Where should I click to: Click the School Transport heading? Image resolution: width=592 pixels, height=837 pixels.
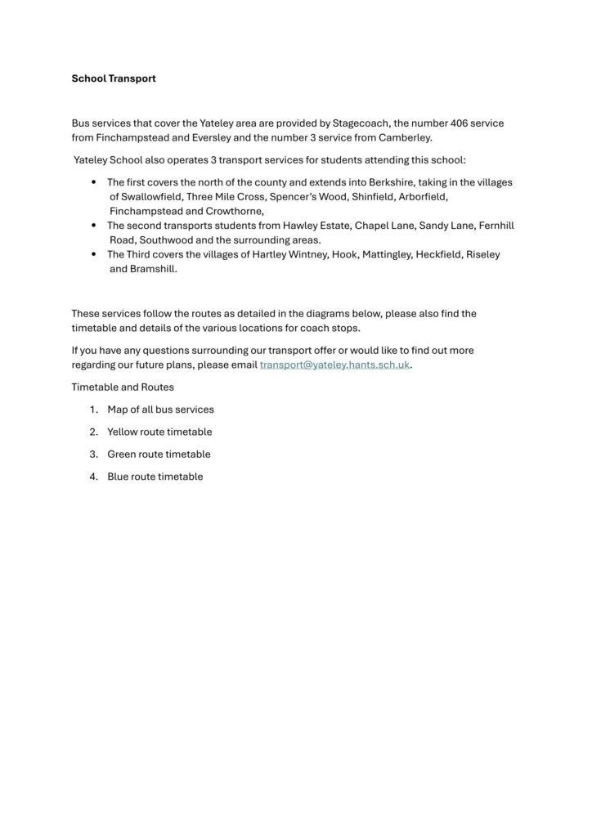(113, 79)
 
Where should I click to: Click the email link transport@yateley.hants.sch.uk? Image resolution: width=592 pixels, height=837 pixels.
(334, 365)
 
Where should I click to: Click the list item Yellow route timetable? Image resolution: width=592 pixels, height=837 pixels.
(159, 432)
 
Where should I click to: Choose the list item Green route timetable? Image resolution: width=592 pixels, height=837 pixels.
(159, 454)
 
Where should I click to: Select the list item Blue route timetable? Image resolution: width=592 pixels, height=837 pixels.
(155, 477)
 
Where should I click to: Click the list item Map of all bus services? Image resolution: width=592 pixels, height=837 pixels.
(160, 409)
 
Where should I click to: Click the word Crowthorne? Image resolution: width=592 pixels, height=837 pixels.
(231, 211)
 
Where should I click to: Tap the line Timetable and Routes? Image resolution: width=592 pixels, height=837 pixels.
(123, 387)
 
